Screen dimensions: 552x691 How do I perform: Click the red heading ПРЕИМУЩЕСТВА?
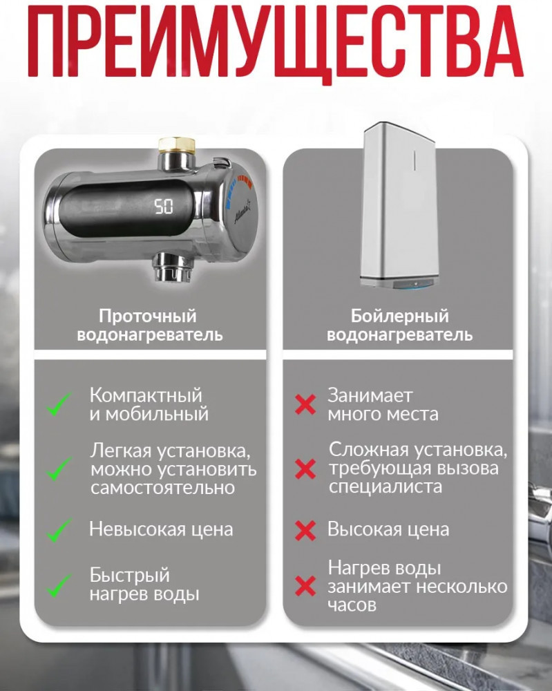[x=276, y=43]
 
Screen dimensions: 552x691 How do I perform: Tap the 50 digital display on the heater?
[x=164, y=206]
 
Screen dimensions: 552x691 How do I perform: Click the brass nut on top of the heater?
[x=177, y=145]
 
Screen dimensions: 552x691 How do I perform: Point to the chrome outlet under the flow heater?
[x=173, y=267]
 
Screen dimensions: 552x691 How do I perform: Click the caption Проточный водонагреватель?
[x=149, y=325]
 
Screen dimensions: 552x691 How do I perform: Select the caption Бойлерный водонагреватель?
[x=399, y=325]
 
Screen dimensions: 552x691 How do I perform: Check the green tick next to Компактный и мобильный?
[x=59, y=404]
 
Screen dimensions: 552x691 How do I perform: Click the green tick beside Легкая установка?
[x=59, y=469]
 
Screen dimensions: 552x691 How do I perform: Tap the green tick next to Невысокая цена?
[x=59, y=530]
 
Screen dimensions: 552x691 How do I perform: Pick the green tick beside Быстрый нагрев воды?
[x=59, y=586]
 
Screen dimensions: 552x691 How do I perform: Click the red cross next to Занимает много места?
[x=305, y=404]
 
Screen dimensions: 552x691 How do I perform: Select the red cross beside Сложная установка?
[x=305, y=469]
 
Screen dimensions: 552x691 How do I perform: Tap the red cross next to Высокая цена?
[x=305, y=531]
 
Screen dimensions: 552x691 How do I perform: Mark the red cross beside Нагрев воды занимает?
[x=305, y=586]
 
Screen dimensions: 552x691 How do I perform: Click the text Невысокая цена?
[x=161, y=529]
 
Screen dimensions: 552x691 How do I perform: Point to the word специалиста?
[x=385, y=487]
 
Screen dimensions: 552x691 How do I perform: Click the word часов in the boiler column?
[x=352, y=605]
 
